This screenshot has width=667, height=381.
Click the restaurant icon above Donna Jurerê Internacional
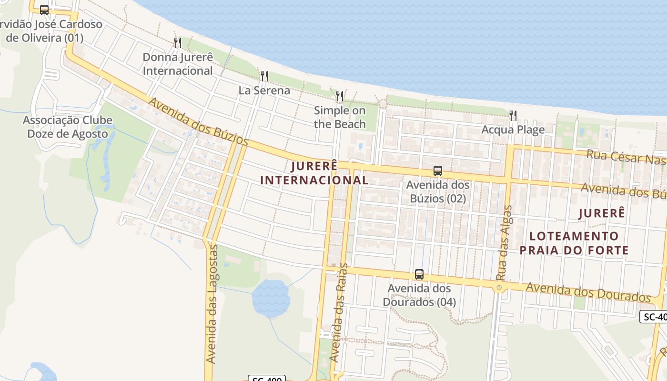point(177,43)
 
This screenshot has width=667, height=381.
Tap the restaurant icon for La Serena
point(264,76)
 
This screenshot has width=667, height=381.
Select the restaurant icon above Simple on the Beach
point(339,96)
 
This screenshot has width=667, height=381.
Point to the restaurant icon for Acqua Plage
point(513,115)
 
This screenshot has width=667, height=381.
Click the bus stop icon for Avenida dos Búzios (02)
point(437,170)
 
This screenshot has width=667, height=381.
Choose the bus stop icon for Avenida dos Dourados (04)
point(419,274)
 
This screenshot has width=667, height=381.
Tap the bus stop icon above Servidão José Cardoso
point(44,10)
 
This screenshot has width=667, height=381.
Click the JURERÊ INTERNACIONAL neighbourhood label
point(314,173)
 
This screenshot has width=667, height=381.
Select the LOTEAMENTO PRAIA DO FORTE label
point(574,243)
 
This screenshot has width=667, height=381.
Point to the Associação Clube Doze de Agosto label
point(68,127)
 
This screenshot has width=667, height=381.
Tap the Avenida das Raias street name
point(339,312)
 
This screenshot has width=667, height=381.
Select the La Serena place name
point(264,90)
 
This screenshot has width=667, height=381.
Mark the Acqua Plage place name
point(513,130)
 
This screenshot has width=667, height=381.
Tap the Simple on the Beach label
point(340,117)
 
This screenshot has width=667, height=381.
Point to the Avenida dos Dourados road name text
point(588,292)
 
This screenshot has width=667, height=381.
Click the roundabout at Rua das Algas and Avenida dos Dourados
point(499,288)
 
